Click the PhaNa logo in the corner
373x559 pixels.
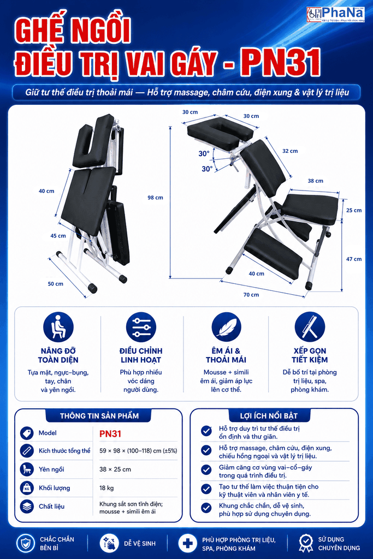[x=335, y=15]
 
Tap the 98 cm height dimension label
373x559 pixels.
[x=155, y=198]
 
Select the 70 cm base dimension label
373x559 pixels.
[x=251, y=295]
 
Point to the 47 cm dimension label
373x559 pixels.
[x=354, y=259]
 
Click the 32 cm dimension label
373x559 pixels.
[x=290, y=151]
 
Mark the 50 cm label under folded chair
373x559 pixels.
[x=55, y=284]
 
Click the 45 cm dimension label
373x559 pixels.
[x=58, y=236]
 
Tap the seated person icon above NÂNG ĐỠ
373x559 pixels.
[x=58, y=328]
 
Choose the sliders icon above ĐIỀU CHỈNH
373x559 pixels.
[x=141, y=328]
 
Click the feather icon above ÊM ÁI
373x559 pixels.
[x=226, y=328]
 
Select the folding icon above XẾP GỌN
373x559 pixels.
[x=310, y=328]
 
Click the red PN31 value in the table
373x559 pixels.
[x=110, y=433]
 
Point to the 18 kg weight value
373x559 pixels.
[x=106, y=488]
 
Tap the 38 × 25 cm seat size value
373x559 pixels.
[x=115, y=469]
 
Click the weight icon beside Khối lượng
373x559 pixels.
[x=27, y=487]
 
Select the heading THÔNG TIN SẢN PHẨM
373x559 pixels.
[x=99, y=415]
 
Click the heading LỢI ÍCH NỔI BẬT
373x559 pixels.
[x=269, y=415]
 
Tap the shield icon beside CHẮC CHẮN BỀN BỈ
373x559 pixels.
[x=26, y=544]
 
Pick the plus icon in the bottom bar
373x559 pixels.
[x=187, y=544]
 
